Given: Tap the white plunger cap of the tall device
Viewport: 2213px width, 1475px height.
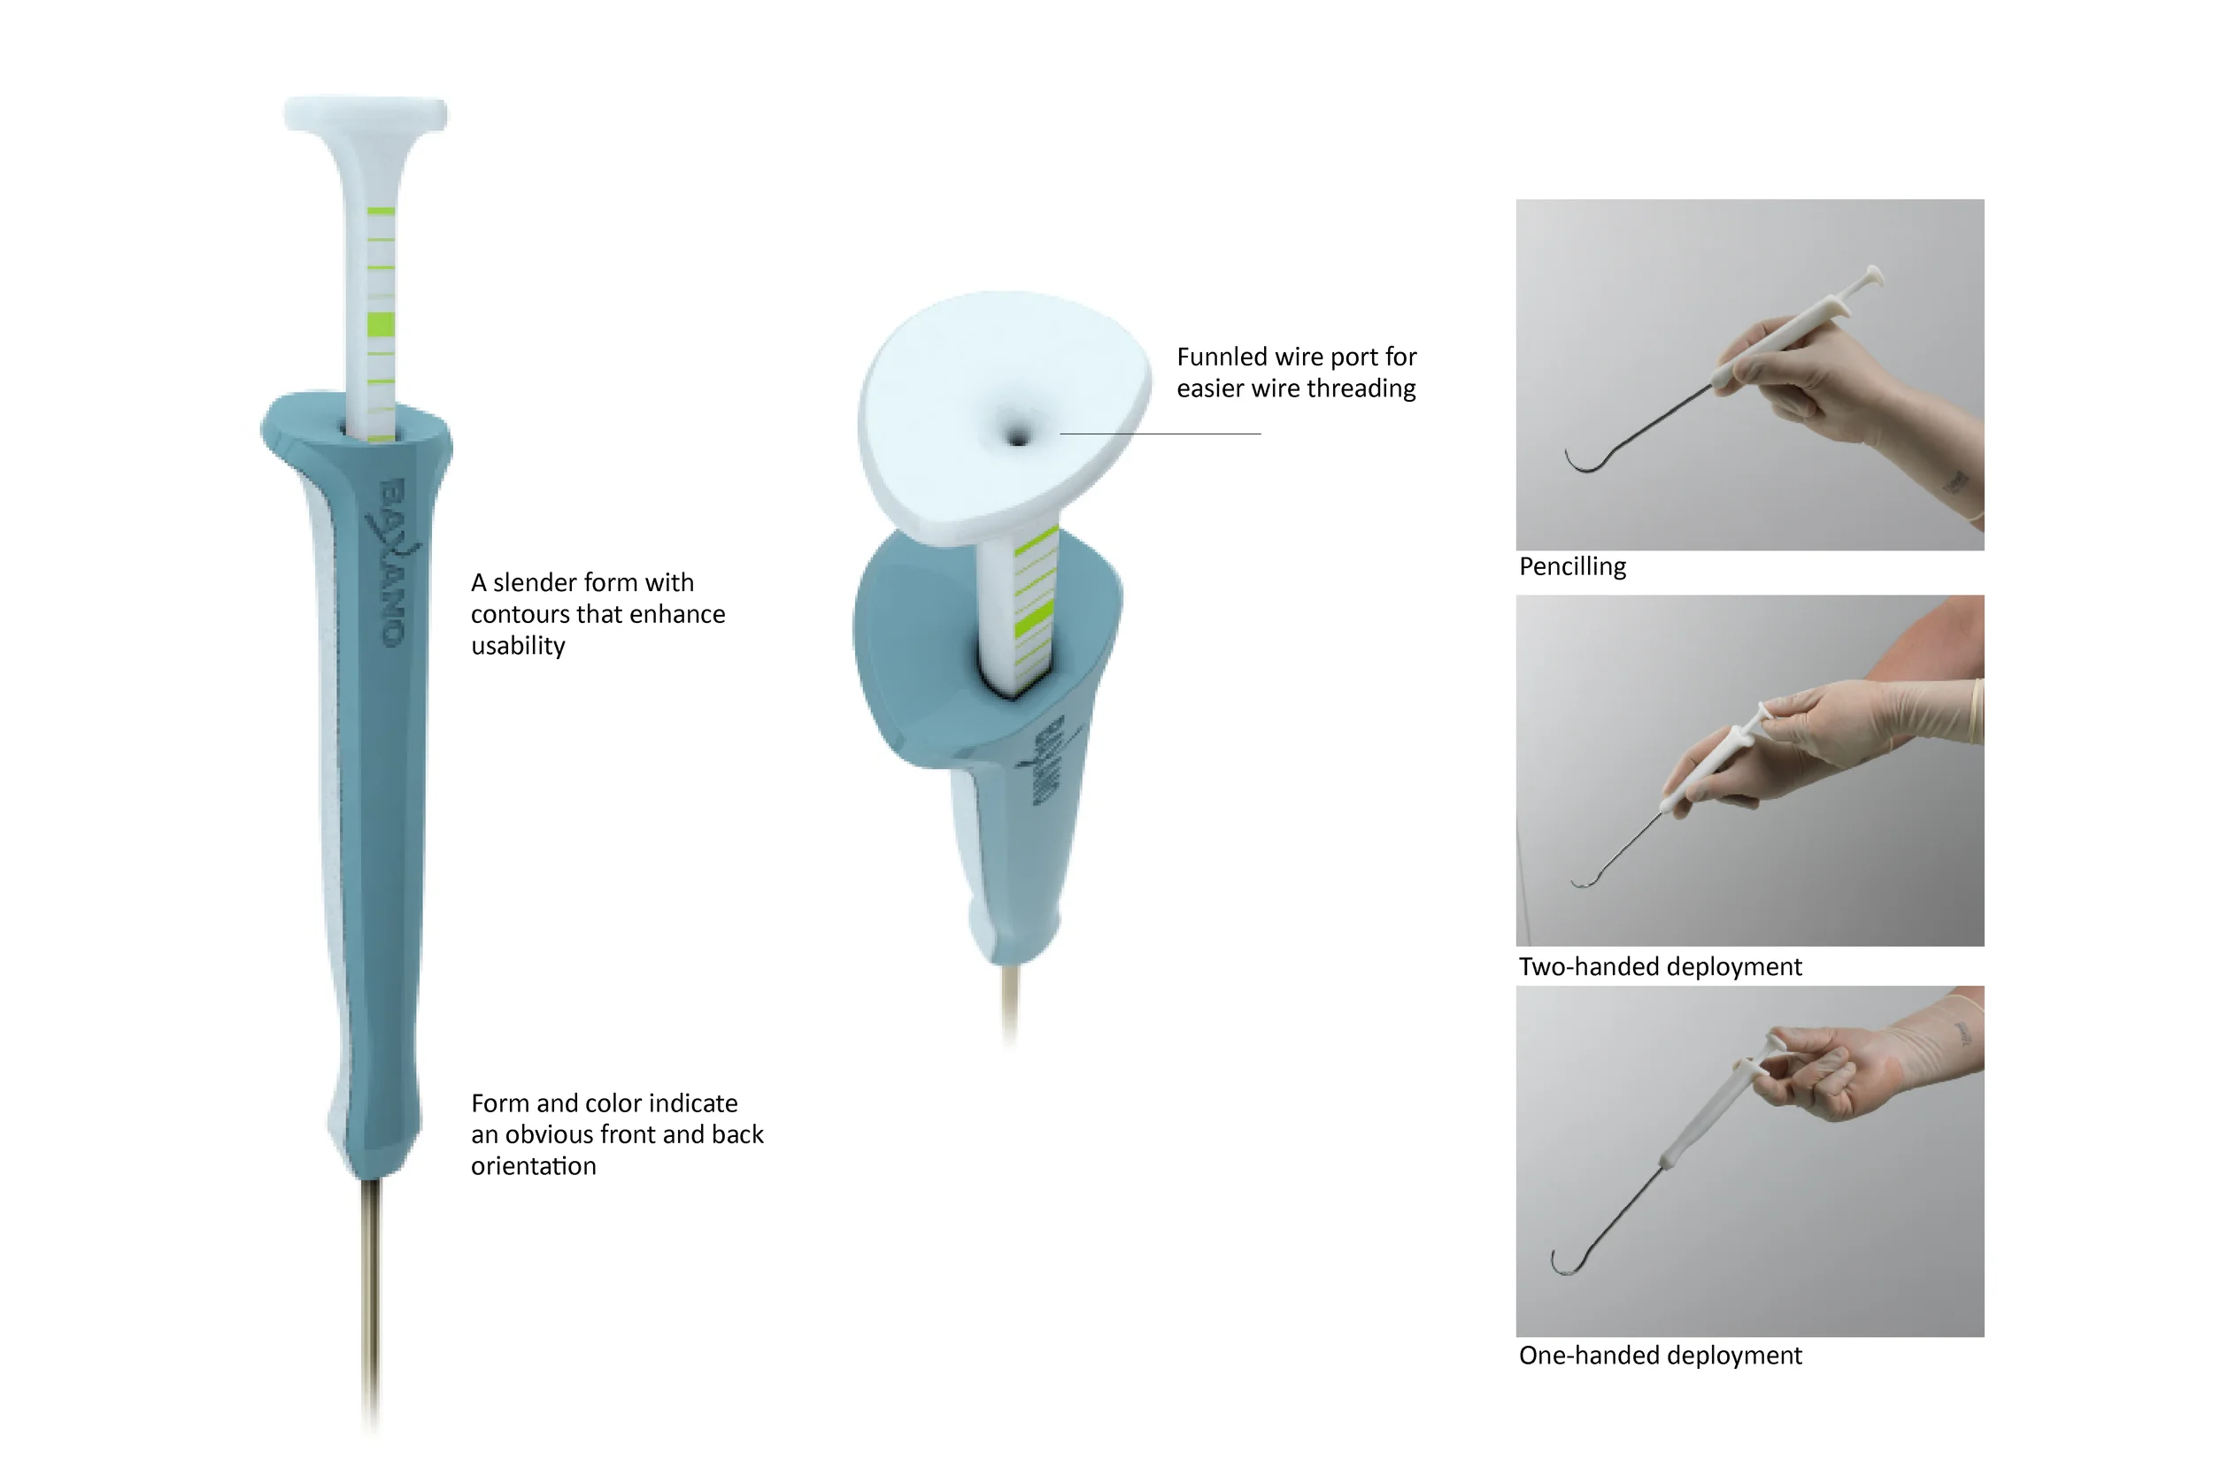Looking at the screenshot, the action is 366,115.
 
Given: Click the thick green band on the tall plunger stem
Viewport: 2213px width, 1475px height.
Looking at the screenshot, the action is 380,325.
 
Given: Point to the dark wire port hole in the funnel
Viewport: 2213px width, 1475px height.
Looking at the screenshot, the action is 1017,436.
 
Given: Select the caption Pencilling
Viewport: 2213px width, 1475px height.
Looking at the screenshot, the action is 1572,567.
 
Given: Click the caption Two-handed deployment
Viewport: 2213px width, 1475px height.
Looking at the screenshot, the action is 1660,967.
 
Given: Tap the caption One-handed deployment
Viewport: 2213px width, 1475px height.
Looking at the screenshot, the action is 1660,1356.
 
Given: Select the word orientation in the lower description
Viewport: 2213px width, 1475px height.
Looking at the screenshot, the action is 534,1166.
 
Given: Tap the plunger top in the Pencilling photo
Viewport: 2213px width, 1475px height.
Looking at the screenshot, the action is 1873,274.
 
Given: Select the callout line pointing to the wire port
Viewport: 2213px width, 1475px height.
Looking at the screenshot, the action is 1160,434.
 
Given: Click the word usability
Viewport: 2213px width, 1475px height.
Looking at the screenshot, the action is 519,646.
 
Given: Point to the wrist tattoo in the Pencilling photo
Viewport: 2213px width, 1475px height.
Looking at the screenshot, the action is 1955,482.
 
